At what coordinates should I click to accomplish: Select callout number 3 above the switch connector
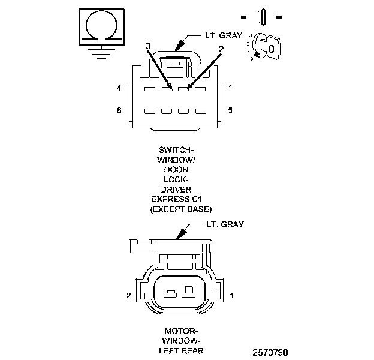(148, 46)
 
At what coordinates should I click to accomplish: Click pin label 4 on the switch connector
(119, 89)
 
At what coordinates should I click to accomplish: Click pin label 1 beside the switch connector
(231, 89)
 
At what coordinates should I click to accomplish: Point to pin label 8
(119, 111)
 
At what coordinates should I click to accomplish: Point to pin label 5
(231, 111)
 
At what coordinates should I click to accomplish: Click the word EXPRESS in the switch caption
(170, 199)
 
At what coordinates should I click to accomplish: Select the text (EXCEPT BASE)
(182, 208)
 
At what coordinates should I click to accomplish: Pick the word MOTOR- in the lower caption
(181, 331)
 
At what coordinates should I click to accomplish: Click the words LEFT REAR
(181, 350)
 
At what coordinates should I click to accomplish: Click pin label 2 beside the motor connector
(128, 296)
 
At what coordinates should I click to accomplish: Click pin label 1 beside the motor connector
(231, 296)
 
